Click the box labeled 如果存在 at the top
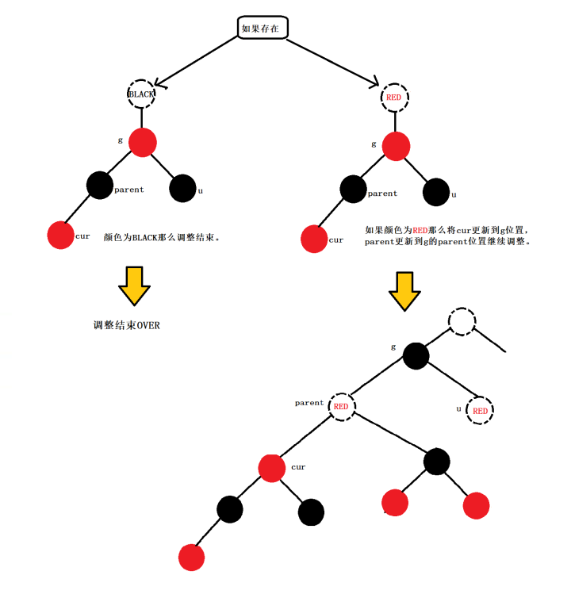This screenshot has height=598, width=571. pyautogui.click(x=263, y=28)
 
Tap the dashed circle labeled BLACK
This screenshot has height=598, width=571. pyautogui.click(x=142, y=94)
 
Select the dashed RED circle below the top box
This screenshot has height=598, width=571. pyautogui.click(x=394, y=98)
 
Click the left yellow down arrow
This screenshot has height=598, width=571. pyautogui.click(x=135, y=286)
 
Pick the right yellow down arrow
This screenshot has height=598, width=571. pyautogui.click(x=404, y=292)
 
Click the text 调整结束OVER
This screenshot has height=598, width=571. pyautogui.click(x=127, y=326)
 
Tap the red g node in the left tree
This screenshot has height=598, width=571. pyautogui.click(x=142, y=142)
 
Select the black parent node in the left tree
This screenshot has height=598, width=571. pyautogui.click(x=100, y=186)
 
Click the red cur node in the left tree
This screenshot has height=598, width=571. pyautogui.click(x=60, y=235)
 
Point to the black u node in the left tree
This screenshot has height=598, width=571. pyautogui.click(x=182, y=188)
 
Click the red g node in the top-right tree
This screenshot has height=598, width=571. pyautogui.click(x=395, y=146)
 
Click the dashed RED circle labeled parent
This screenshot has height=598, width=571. pyautogui.click(x=342, y=406)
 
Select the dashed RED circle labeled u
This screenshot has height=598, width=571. pyautogui.click(x=480, y=410)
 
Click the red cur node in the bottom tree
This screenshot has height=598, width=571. pyautogui.click(x=272, y=467)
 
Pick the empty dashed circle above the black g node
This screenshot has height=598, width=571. pyautogui.click(x=462, y=321)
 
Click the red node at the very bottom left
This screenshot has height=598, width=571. pyautogui.click(x=192, y=557)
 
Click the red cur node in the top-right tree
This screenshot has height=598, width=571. pyautogui.click(x=314, y=240)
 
